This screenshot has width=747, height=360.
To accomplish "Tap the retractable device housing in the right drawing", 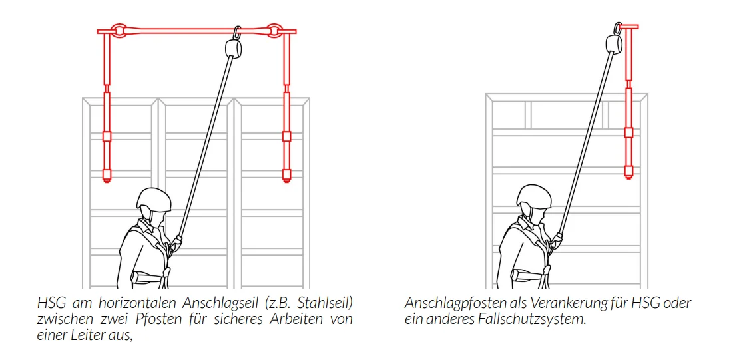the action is [615, 43].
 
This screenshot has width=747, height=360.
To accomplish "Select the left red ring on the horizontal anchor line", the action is [117, 31].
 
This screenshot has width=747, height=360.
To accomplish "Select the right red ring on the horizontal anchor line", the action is [274, 31].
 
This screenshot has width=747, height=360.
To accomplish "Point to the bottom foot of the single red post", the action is [629, 172].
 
